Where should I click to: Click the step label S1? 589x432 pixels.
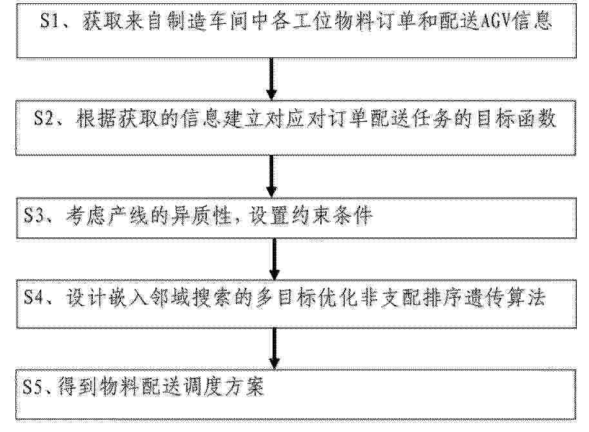(50, 21)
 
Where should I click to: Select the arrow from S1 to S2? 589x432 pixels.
(271, 79)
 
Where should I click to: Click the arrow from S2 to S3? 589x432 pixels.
(271, 176)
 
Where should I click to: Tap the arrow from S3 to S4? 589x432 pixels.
(275, 259)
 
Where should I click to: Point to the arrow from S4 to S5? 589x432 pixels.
(275, 349)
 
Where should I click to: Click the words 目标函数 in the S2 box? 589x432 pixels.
(516, 119)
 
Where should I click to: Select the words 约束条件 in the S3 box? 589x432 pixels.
(332, 216)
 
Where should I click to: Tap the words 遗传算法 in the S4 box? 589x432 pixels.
(505, 298)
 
